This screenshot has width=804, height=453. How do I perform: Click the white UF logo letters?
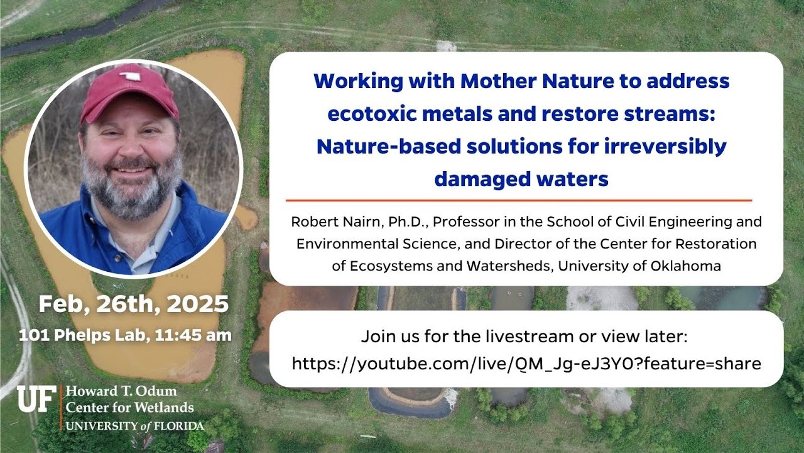click(x=36, y=399)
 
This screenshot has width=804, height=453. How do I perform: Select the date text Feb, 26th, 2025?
click(x=133, y=305)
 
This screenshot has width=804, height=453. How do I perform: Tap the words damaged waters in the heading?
click(x=521, y=179)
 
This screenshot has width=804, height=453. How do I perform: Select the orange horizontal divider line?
click(x=519, y=200)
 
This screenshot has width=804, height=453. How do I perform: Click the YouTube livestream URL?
click(x=526, y=363)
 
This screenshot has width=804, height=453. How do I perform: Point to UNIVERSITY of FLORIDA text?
click(x=135, y=426)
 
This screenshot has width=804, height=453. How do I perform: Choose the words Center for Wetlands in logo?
click(x=129, y=408)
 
